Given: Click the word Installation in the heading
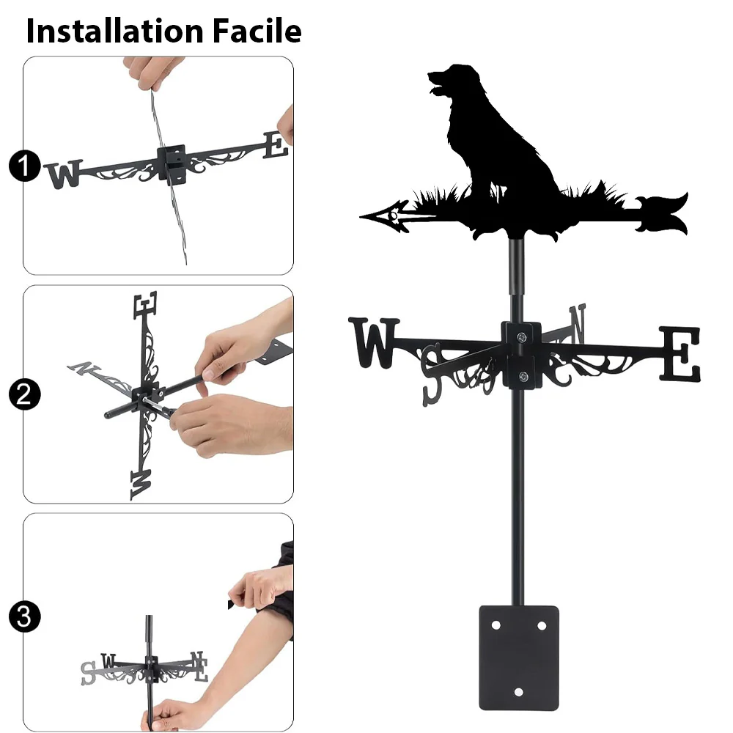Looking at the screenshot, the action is (x=115, y=31).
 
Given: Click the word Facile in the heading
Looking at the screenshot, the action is (x=257, y=31).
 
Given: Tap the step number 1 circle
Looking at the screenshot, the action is (x=25, y=166).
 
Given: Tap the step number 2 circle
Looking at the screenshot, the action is (x=25, y=394).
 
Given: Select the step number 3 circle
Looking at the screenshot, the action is (x=25, y=616).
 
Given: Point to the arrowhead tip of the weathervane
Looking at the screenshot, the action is (x=361, y=216).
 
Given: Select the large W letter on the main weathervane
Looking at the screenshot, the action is (x=374, y=342).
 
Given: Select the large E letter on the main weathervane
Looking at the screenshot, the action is (x=680, y=353).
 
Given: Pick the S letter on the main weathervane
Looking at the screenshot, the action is (x=432, y=375).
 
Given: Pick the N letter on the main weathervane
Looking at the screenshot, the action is (x=578, y=323).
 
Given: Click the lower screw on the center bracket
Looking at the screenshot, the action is (x=523, y=376).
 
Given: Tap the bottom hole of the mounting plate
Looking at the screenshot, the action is (x=518, y=692).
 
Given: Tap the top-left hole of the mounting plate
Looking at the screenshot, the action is (x=496, y=625).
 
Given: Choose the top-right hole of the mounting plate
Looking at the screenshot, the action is (x=542, y=625).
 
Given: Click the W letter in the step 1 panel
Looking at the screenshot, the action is (x=64, y=174).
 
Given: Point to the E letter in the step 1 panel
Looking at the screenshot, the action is (x=275, y=145).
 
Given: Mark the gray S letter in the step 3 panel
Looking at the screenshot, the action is (x=88, y=673).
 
